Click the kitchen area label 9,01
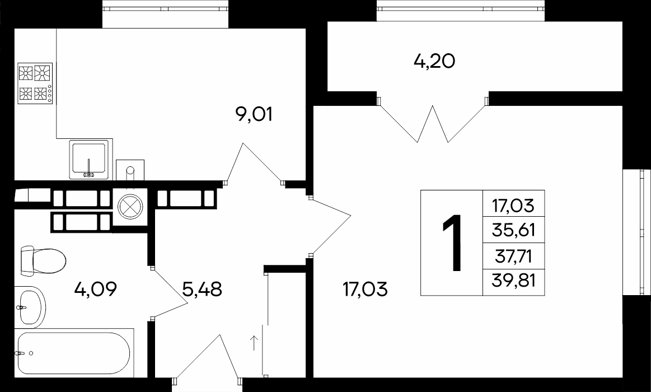tap(254, 115)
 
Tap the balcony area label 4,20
tap(435, 62)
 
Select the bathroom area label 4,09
tap(96, 289)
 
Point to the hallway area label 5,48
tap(202, 289)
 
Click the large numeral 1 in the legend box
tap(452, 243)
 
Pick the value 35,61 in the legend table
tap(513, 230)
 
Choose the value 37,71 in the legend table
tap(513, 256)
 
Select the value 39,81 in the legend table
tap(513, 281)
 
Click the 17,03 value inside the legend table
tap(513, 205)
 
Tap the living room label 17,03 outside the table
tap(366, 289)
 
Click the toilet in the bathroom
tap(43, 261)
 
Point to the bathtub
tap(74, 353)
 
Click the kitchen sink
tap(89, 160)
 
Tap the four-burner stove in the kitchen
tap(35, 83)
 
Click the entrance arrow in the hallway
tap(254, 343)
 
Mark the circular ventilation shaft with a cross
tap(130, 207)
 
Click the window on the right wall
tap(637, 232)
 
